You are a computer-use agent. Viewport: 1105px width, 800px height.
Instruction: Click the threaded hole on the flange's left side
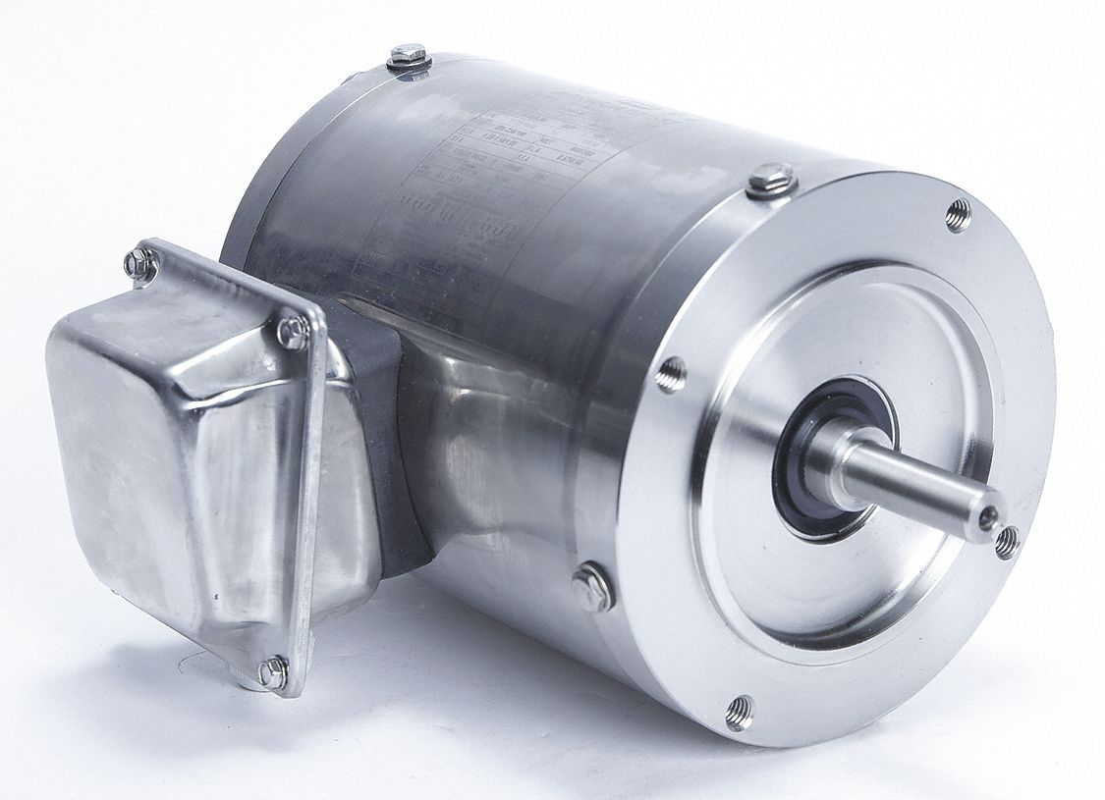[x=671, y=372]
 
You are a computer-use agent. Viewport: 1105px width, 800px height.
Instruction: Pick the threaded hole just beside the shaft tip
[x=1007, y=541]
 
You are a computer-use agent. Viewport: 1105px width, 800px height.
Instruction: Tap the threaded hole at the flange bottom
[x=739, y=712]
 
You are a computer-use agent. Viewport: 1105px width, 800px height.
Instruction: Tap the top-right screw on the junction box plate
[x=293, y=332]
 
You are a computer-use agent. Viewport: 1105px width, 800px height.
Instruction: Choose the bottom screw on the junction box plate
[x=271, y=671]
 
